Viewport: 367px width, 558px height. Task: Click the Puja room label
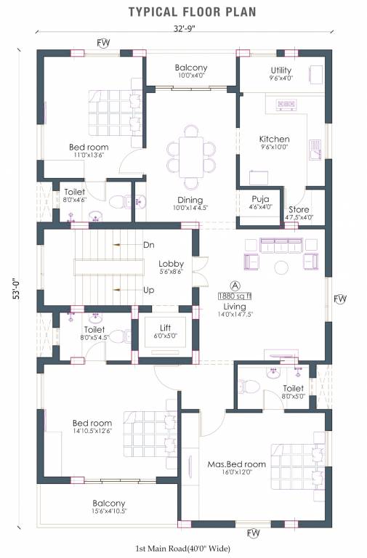coord(261,198)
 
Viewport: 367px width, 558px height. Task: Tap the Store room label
coord(299,209)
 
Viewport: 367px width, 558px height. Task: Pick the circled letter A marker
coord(235,285)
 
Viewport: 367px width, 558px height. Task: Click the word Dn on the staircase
coord(149,245)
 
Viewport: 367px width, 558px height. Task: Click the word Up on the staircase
coord(148,290)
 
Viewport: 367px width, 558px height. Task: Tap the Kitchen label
coord(275,139)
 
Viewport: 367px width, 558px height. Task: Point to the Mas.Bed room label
coord(236,464)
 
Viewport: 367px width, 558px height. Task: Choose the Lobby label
coord(172,264)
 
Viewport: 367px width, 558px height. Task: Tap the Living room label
coord(235,307)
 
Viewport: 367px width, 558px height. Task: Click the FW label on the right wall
coord(339,299)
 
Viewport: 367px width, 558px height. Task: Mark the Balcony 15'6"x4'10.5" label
coord(109,504)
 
